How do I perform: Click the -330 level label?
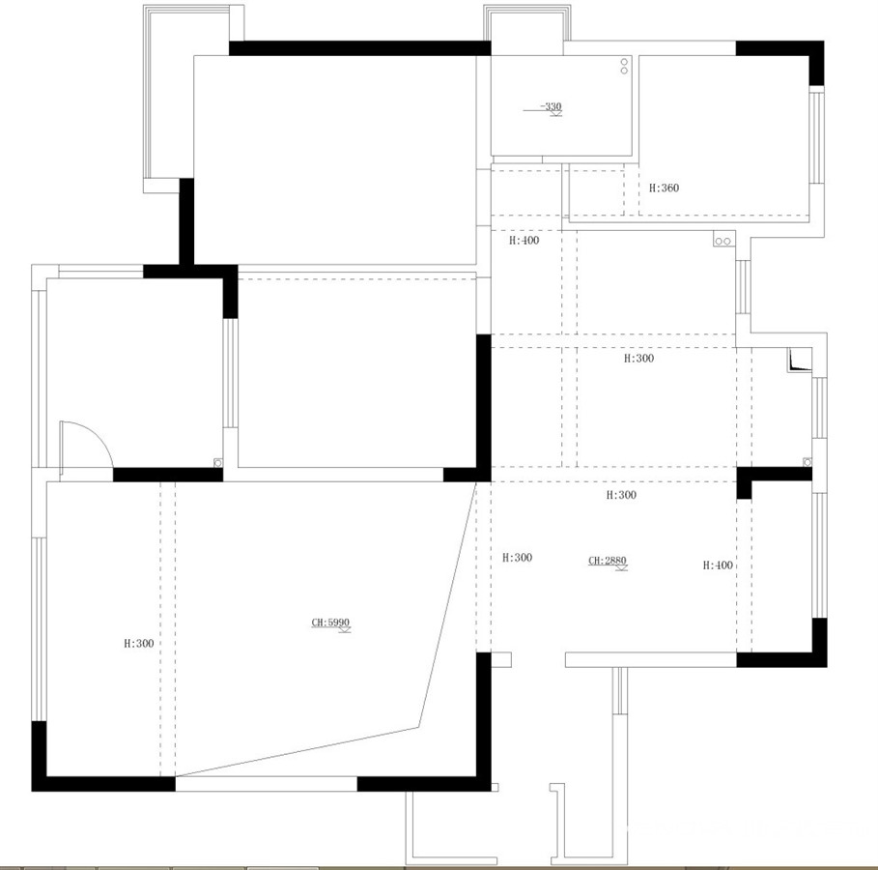551,106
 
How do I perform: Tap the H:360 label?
665,188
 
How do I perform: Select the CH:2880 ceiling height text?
607,560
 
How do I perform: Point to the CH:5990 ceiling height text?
330,622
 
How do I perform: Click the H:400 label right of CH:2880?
718,565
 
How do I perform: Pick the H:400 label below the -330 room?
524,241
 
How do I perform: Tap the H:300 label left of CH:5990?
139,644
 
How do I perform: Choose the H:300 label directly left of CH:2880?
518,558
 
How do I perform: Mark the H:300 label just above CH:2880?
621,495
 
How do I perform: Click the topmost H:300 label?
638,359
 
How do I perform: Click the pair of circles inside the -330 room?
624,66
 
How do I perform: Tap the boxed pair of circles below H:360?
722,241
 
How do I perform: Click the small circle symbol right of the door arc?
218,462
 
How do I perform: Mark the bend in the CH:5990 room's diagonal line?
419,728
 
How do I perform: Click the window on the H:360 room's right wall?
817,137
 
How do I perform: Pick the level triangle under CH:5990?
344,630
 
